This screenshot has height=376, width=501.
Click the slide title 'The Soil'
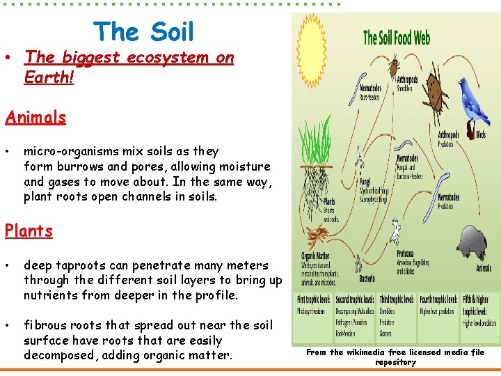click(144, 31)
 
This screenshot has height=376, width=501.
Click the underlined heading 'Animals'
click(35, 117)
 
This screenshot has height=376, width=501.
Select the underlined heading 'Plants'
click(29, 230)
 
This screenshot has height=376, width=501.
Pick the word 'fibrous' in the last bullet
click(44, 325)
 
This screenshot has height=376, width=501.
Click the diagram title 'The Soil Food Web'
click(397, 37)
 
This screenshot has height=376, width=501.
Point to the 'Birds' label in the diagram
click(480, 134)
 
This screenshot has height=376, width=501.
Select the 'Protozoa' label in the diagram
click(406, 253)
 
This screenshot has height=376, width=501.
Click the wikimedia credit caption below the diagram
click(395, 357)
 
